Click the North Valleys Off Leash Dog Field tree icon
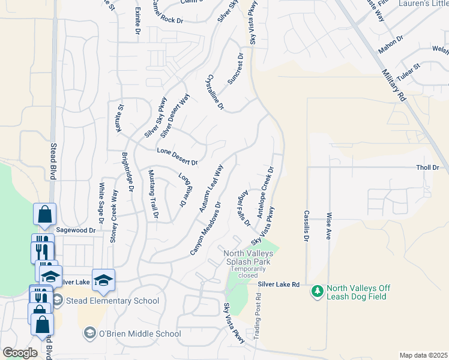pos(317,292)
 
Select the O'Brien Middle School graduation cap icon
pos(89,334)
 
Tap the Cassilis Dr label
pos(306,226)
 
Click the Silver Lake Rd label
pos(279,284)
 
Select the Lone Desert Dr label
pos(177,157)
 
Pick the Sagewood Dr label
pos(76,230)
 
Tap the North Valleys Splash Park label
pos(248,257)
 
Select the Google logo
pos(20,353)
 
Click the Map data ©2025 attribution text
pos(424,355)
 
